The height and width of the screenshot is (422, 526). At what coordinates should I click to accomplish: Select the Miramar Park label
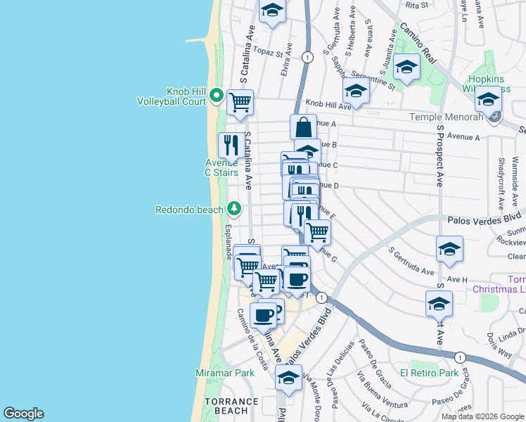pos(224,372)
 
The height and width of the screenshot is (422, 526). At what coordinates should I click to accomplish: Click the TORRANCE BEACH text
pos(226,406)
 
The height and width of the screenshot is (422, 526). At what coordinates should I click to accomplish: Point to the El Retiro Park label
pos(429,373)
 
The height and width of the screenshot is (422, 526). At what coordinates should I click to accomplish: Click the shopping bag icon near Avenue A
pos(303,127)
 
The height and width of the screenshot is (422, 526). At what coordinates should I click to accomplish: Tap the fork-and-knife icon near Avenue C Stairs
pos(231,144)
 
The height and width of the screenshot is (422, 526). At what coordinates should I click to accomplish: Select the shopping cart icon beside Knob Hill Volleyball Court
pos(240,103)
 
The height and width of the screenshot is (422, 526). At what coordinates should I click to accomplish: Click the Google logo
pos(23,414)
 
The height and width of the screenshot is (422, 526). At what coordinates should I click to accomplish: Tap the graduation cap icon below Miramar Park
pos(288,378)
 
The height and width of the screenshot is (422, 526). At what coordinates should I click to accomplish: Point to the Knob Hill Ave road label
pos(328,105)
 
